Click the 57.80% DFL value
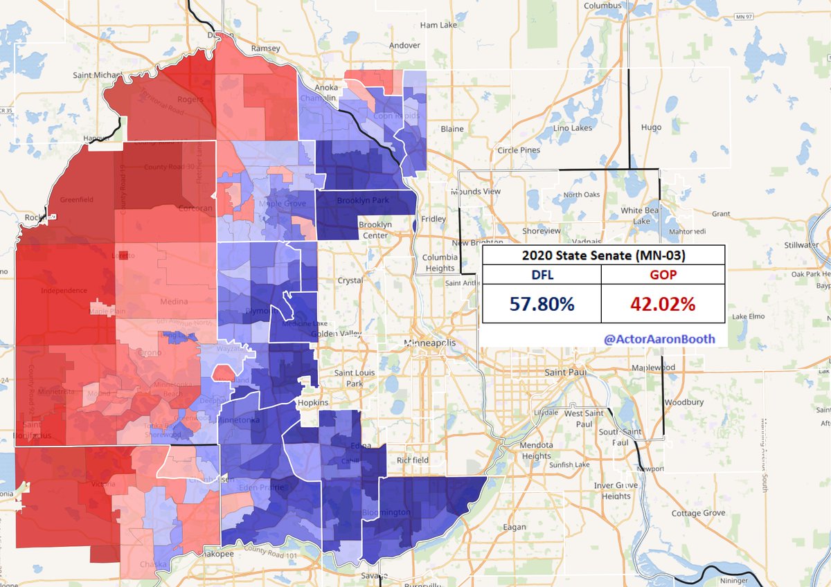[542, 303]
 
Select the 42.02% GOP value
[662, 303]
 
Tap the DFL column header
[542, 274]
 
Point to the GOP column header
[662, 274]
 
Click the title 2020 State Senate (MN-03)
[603, 255]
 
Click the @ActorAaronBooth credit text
[659, 339]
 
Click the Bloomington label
[386, 513]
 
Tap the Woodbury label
[683, 401]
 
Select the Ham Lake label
[438, 26]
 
